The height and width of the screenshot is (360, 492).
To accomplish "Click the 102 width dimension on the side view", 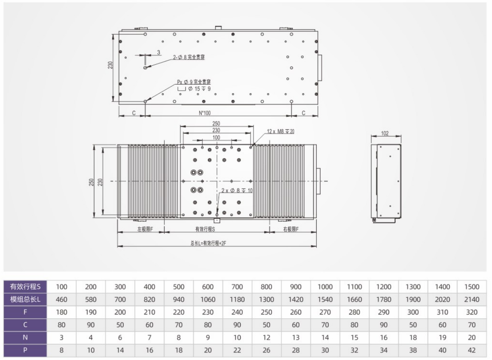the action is click(x=385, y=133).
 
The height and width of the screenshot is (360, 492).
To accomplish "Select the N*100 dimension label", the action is click(x=205, y=113).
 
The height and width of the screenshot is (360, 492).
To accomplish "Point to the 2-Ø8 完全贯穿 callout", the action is click(x=189, y=58).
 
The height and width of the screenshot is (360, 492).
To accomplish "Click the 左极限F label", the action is click(x=145, y=229).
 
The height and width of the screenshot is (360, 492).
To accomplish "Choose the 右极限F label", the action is click(x=291, y=229).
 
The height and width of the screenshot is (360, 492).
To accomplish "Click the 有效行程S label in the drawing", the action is click(x=205, y=229).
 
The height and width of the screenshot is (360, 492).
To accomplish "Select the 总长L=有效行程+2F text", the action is click(x=208, y=243).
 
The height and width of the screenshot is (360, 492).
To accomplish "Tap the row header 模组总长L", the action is click(x=25, y=299).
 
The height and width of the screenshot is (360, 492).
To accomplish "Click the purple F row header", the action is click(x=25, y=312).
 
